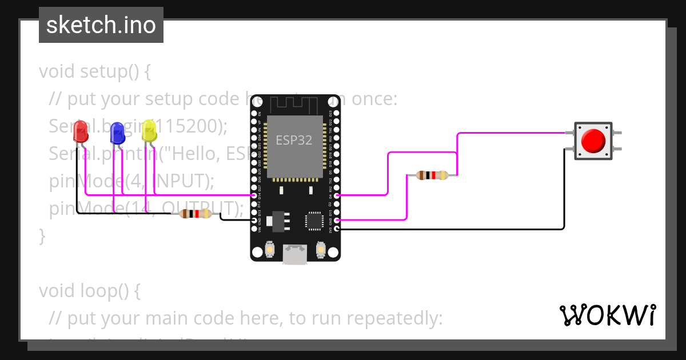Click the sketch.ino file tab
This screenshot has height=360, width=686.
click(x=101, y=25)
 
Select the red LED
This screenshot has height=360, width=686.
click(x=81, y=132)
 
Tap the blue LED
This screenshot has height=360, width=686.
click(x=117, y=133)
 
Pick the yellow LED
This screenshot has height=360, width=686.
click(x=149, y=131)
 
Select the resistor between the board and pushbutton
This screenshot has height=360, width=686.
click(x=432, y=175)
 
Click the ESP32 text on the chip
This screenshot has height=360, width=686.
click(x=294, y=140)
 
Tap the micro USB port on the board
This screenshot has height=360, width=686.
click(x=296, y=254)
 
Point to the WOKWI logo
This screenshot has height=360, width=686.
click(x=607, y=315)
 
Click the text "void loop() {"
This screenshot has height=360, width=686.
click(x=90, y=291)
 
